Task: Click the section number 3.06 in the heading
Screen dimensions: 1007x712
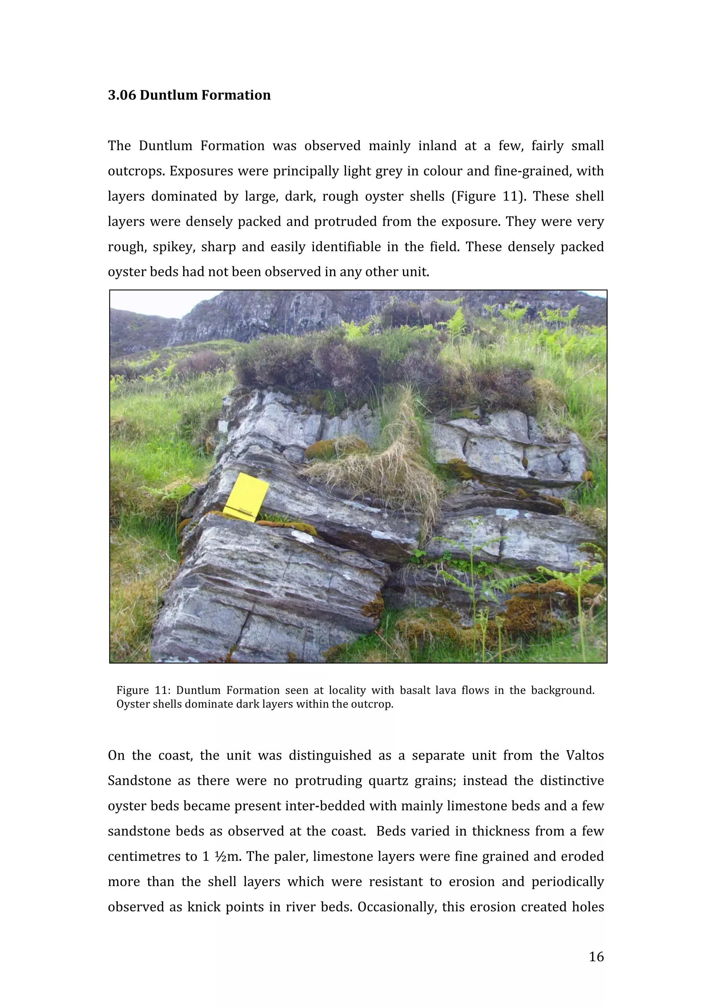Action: coord(122,95)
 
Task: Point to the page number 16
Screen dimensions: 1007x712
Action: coord(596,957)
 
